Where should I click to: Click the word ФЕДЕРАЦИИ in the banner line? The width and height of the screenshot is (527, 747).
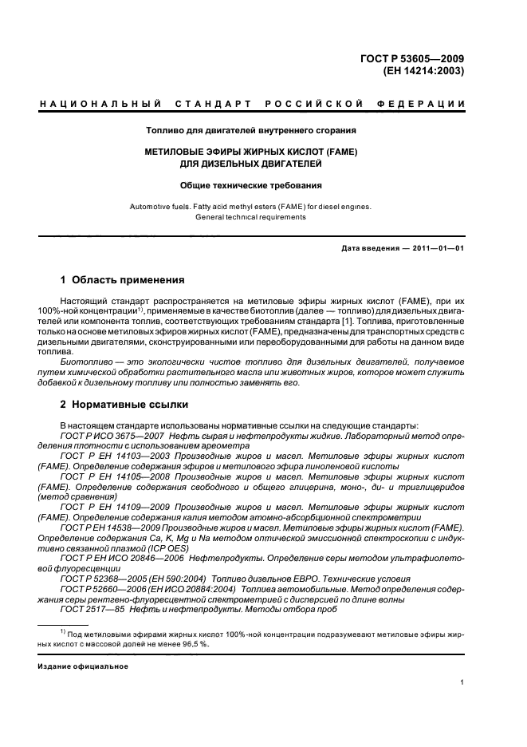pyautogui.click(x=430, y=105)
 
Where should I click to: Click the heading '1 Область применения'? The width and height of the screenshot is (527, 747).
pyautogui.click(x=123, y=280)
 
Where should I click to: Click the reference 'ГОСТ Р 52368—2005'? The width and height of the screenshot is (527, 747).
pyautogui.click(x=102, y=579)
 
